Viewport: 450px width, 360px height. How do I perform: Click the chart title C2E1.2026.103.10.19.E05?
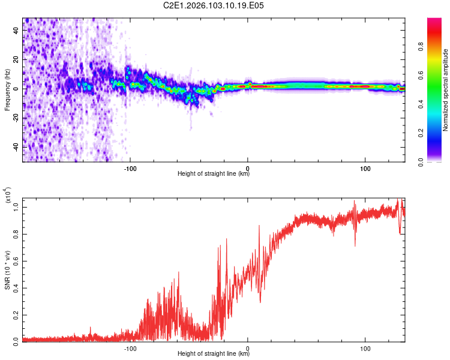[214, 5]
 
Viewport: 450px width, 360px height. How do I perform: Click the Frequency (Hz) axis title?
[7, 90]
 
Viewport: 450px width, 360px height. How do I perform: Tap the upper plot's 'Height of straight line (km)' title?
[214, 175]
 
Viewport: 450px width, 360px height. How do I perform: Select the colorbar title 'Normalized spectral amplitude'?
[446, 90]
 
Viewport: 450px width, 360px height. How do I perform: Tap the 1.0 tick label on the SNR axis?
[16, 207]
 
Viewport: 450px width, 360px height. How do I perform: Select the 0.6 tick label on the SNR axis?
[16, 260]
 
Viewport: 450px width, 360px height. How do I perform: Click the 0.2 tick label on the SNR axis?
[16, 314]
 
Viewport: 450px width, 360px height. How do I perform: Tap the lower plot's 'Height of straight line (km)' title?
[214, 355]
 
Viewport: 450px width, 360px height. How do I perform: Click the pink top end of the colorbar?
[435, 22]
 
